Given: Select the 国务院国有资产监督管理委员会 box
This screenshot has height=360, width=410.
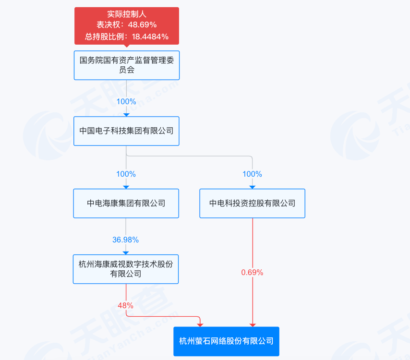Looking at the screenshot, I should click(x=126, y=65).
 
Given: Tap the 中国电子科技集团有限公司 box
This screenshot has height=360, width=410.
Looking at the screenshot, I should click(x=126, y=131).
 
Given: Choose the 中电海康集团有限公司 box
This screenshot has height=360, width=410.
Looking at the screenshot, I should click(x=126, y=203).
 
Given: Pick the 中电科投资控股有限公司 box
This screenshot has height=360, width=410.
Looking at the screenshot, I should click(x=252, y=203).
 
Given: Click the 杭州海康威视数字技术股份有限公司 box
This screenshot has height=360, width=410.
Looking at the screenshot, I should click(x=126, y=269).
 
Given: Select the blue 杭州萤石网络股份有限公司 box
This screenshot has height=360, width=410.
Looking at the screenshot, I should click(x=226, y=341).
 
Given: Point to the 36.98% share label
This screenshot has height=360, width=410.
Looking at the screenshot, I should click(x=126, y=240).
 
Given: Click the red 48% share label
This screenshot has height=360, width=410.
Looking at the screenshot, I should click(x=126, y=305).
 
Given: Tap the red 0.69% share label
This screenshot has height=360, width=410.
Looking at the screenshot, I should click(x=252, y=272).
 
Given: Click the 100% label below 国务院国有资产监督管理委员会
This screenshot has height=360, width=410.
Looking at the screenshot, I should click(x=126, y=102).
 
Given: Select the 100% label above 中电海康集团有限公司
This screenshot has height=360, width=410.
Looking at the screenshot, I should click(x=126, y=174).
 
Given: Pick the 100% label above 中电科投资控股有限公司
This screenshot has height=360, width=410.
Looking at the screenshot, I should click(x=252, y=174).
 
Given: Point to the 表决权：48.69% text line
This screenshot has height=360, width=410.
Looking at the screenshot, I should click(x=126, y=25).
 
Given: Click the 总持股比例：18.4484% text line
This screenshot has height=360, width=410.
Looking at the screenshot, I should click(x=126, y=36).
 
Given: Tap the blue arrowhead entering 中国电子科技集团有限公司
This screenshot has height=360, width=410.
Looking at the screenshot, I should click(x=126, y=114).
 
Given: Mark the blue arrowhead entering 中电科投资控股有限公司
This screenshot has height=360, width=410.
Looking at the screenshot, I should click(x=252, y=187).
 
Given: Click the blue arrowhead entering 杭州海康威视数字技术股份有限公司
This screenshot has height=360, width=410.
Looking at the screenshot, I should click(x=126, y=252).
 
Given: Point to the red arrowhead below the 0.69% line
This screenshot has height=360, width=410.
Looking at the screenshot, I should click(x=252, y=325).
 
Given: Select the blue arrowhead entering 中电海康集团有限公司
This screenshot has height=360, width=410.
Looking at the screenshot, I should click(x=126, y=187).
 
